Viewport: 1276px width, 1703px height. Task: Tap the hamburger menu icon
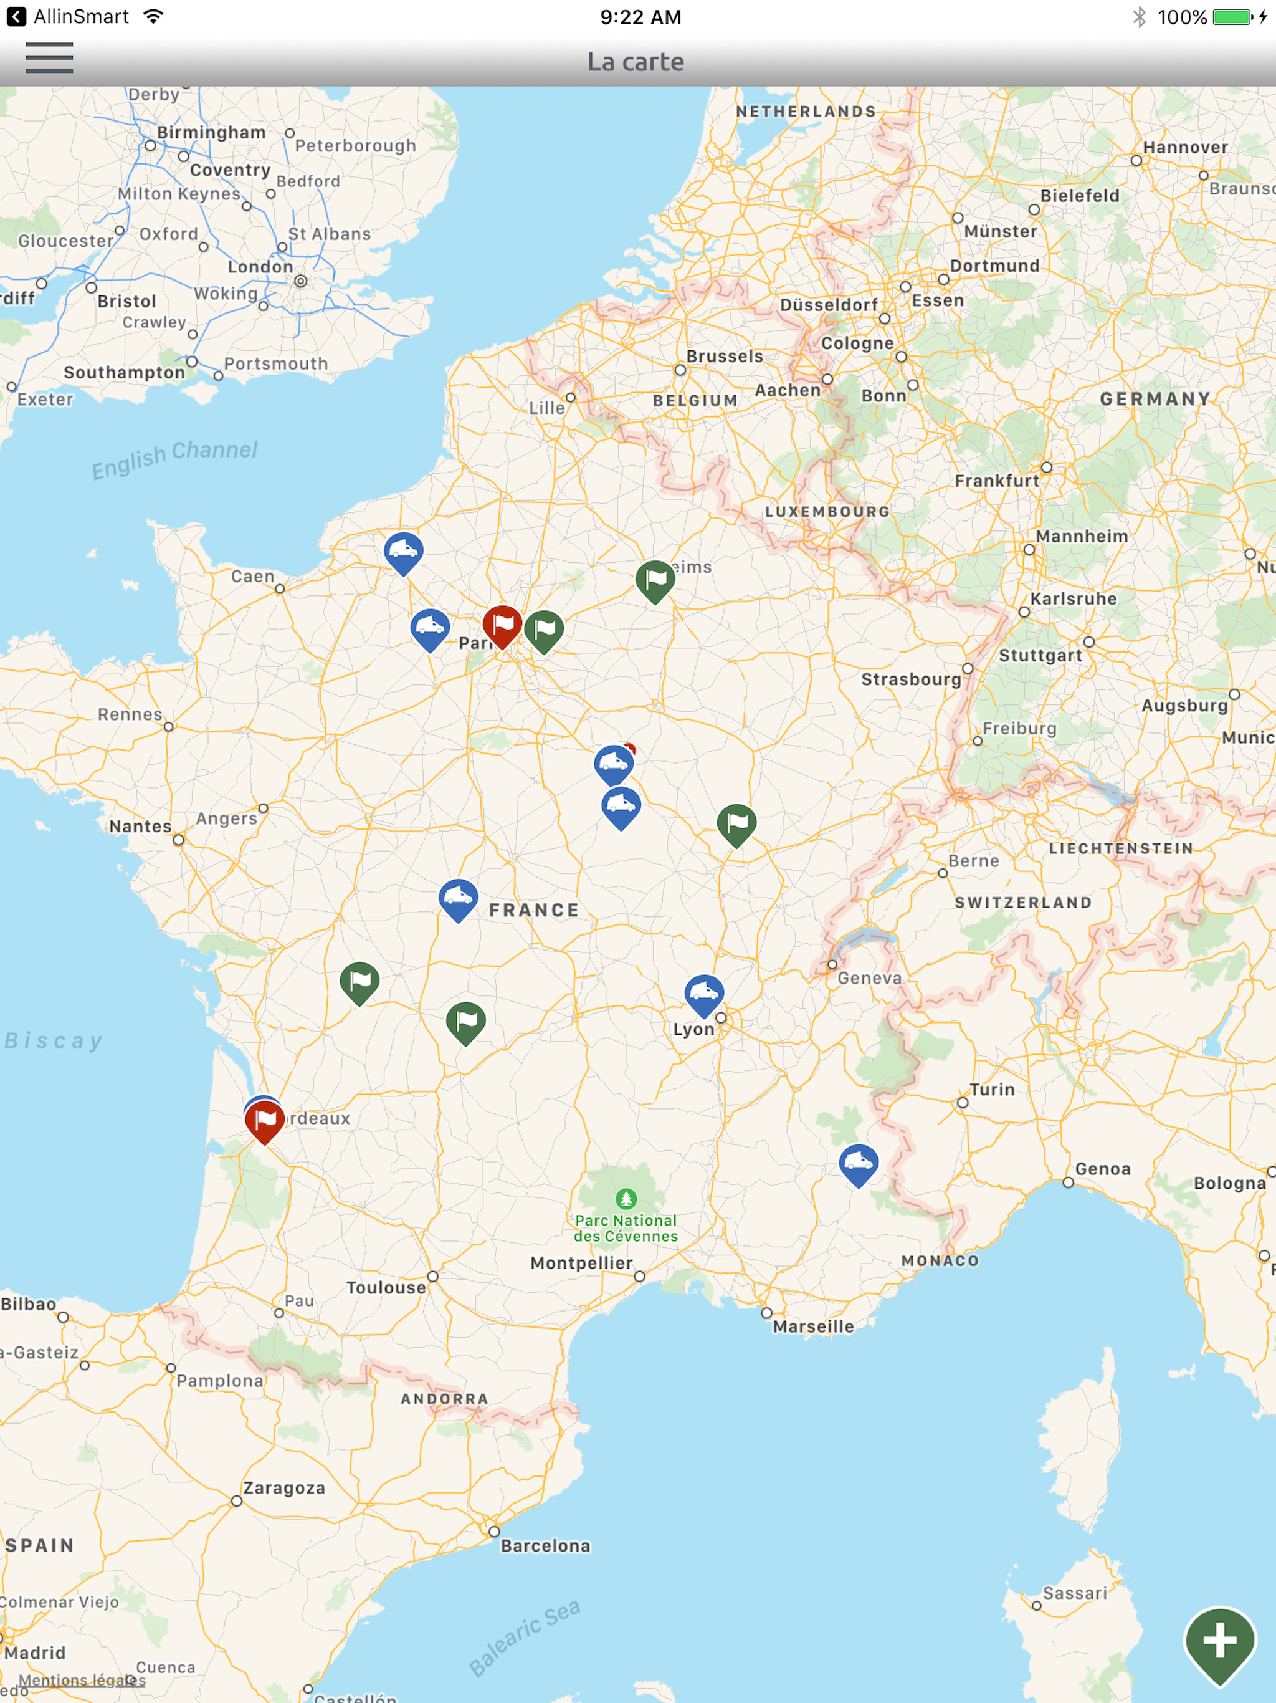49,59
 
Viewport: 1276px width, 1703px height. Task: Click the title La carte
636,62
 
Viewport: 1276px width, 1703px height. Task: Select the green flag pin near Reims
655,580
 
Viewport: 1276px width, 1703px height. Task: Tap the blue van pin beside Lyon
703,994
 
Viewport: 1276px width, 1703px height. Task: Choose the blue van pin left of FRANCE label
458,898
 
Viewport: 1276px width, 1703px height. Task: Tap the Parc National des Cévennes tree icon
626,1199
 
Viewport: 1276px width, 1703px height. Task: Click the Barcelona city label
545,1545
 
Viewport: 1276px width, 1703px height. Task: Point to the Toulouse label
386,1287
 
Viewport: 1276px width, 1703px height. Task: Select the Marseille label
814,1326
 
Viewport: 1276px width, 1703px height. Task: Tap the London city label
260,266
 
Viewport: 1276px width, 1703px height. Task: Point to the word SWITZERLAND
1023,903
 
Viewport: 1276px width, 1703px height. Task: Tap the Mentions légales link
82,1680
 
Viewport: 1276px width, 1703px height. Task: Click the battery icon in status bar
1233,17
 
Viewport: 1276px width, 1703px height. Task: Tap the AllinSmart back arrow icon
16,17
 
